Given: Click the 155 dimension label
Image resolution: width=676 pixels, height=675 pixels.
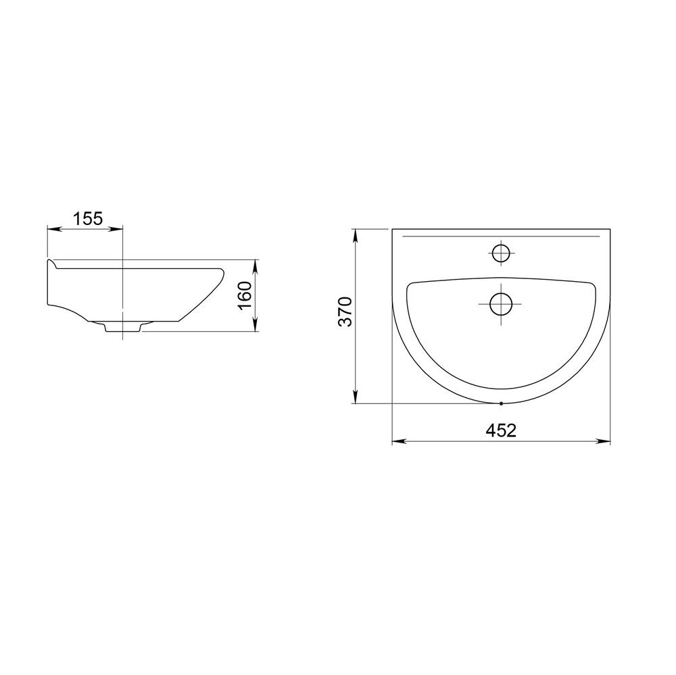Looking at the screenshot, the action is pos(88,219).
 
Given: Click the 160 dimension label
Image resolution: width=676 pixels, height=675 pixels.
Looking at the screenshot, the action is pos(245,295).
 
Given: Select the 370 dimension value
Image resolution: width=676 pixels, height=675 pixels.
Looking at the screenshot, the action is pos(345,311).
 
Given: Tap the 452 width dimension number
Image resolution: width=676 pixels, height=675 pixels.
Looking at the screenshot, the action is pos(501,430).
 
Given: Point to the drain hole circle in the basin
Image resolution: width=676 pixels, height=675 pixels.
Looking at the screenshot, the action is pos(500,303).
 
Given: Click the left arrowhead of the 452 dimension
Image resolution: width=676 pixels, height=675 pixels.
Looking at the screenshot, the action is pos(399,441).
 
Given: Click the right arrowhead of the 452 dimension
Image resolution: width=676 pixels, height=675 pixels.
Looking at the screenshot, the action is pos(603,441).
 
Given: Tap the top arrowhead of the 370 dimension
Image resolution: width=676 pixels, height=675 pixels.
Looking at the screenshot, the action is pos(356,236).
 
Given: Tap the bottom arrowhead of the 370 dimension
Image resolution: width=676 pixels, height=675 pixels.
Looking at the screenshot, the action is pos(356,396).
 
